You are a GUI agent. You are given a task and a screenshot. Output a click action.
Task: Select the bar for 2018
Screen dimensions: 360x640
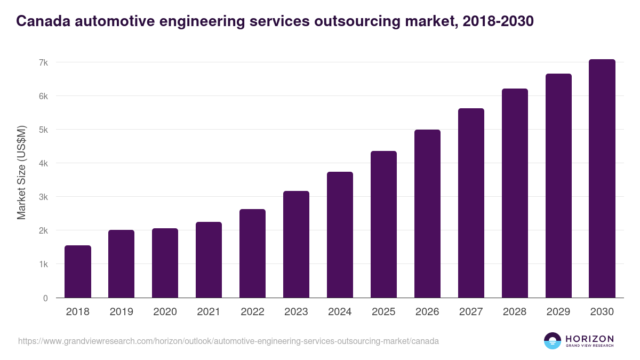78,271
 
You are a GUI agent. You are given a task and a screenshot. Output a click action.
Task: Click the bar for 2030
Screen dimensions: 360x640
602,179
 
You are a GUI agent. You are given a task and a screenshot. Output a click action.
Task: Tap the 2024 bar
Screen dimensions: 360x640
340,235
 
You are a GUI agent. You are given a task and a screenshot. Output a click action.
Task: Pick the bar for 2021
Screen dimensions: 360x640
209,260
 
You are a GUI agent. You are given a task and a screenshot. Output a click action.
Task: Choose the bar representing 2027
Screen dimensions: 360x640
471,203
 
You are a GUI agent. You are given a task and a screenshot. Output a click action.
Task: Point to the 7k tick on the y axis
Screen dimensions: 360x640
43,62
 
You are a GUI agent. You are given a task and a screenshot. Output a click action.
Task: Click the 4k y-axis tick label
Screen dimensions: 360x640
43,163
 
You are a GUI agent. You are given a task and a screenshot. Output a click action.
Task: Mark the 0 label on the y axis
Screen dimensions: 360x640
45,298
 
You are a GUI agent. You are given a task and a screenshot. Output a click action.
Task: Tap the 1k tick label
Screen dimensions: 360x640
43,265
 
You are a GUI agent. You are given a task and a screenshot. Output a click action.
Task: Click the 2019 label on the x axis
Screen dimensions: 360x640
121,312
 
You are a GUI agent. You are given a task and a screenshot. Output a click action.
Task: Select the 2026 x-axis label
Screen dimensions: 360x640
427,312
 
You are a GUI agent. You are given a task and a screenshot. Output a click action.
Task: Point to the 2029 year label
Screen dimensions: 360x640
558,312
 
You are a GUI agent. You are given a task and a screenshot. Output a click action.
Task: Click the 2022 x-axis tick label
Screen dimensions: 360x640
252,312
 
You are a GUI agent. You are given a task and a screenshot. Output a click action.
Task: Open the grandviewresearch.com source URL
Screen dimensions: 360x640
228,341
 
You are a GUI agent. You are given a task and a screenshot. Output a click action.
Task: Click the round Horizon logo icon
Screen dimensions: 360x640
553,341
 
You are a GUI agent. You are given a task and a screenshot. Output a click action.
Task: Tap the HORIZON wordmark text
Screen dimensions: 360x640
589,339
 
